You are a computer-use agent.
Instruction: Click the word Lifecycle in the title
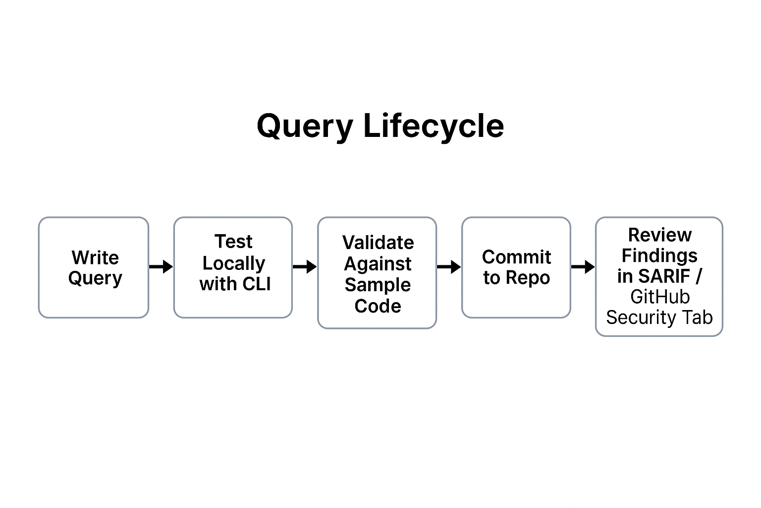(434, 126)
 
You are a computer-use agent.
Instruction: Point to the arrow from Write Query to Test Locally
(161, 267)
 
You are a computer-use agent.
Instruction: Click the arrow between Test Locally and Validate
(305, 267)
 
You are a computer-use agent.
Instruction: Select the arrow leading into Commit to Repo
(449, 267)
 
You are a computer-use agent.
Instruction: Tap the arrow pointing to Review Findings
(583, 267)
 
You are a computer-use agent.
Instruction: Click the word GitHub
(659, 297)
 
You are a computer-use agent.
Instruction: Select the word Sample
(378, 285)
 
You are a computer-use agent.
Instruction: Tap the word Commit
(516, 257)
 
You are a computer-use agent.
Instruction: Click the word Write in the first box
(95, 257)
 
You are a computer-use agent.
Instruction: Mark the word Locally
(233, 263)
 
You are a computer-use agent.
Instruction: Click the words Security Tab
(659, 317)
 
